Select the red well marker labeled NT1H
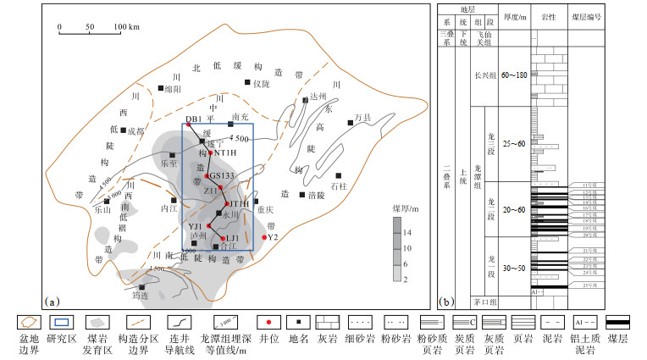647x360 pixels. point(212,152)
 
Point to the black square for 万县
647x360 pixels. point(350,124)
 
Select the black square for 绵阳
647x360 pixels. point(160,87)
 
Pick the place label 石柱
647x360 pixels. point(339,186)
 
